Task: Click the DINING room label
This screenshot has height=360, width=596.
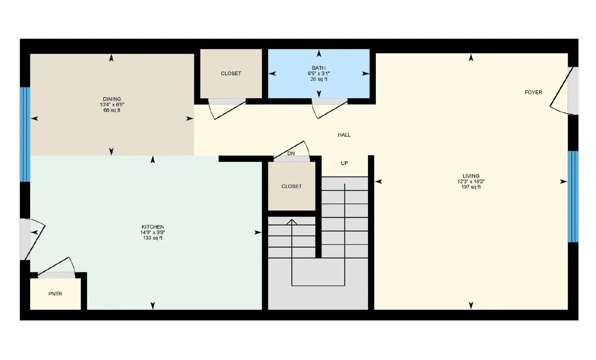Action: (112, 99)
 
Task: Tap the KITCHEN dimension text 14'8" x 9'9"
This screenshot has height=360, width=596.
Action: (153, 233)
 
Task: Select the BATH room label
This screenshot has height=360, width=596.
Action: (318, 68)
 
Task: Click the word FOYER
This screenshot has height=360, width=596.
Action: (533, 92)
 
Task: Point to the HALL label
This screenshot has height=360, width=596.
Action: (344, 135)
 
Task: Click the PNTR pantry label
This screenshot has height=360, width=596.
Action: (55, 294)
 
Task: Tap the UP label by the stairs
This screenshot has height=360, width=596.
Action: (344, 163)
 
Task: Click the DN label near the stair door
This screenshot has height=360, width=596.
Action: (291, 154)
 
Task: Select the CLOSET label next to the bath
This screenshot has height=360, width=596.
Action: (231, 73)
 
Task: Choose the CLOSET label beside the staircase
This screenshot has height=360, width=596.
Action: (291, 186)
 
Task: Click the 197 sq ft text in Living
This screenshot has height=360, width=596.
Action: (471, 187)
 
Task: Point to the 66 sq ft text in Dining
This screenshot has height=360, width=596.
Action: (112, 110)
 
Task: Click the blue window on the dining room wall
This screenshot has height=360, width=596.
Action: (25, 134)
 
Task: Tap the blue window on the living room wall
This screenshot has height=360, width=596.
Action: (573, 196)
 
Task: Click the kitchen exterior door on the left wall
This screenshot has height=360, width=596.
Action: (32, 239)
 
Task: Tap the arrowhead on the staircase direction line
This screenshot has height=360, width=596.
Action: (292, 222)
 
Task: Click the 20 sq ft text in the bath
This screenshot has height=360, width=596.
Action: (318, 79)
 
